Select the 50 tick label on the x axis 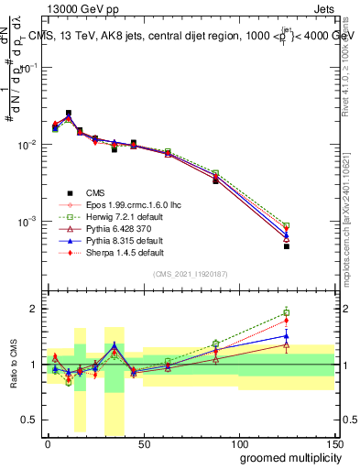coord(142,442)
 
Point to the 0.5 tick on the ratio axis coord(32,420)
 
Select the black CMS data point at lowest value coord(287,246)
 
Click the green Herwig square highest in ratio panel coord(287,313)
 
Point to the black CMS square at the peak coord(69,114)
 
